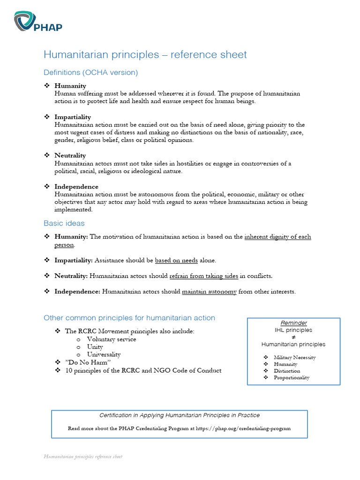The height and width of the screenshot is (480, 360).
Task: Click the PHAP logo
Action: [x=38, y=22]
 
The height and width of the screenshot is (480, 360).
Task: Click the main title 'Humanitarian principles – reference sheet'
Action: [x=145, y=55]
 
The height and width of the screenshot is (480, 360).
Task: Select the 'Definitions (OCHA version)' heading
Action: [x=90, y=73]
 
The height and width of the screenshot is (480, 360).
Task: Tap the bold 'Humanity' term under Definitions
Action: [x=70, y=86]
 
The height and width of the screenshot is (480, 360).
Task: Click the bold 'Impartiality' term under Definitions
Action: [x=73, y=117]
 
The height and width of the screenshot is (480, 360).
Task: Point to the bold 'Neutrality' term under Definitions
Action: [x=70, y=155]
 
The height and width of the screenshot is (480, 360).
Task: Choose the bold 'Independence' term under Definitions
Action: [x=76, y=187]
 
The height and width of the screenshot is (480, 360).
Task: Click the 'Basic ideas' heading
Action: [x=64, y=223]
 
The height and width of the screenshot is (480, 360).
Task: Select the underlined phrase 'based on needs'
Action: [x=176, y=260]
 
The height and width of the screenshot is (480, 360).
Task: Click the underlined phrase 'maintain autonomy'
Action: [x=209, y=292]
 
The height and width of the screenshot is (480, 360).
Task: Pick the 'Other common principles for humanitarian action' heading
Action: [x=129, y=318]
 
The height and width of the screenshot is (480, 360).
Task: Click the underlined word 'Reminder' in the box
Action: [x=293, y=323]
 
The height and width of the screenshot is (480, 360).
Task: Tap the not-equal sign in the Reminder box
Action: [x=293, y=337]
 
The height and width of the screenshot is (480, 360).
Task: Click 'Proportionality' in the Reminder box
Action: [x=292, y=377]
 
